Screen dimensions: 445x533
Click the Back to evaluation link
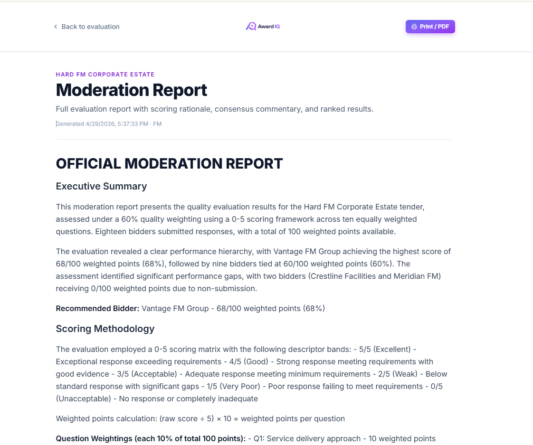(x=90, y=27)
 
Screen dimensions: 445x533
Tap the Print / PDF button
(x=430, y=27)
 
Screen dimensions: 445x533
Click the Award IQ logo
(x=263, y=27)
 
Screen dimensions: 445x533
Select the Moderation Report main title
(x=132, y=90)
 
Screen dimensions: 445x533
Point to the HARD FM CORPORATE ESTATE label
(x=105, y=75)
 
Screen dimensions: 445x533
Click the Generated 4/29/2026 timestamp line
(x=109, y=124)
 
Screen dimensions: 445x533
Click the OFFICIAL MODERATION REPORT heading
(x=169, y=164)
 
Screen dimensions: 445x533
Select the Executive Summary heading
(x=101, y=186)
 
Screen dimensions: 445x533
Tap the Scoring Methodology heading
(x=105, y=329)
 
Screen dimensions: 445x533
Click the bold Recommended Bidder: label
(x=97, y=309)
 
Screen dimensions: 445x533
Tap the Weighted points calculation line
(x=200, y=419)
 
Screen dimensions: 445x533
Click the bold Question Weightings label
(x=150, y=439)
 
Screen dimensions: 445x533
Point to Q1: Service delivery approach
(x=306, y=439)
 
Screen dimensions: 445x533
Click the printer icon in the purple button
(x=414, y=27)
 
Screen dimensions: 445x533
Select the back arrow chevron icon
(x=56, y=27)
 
